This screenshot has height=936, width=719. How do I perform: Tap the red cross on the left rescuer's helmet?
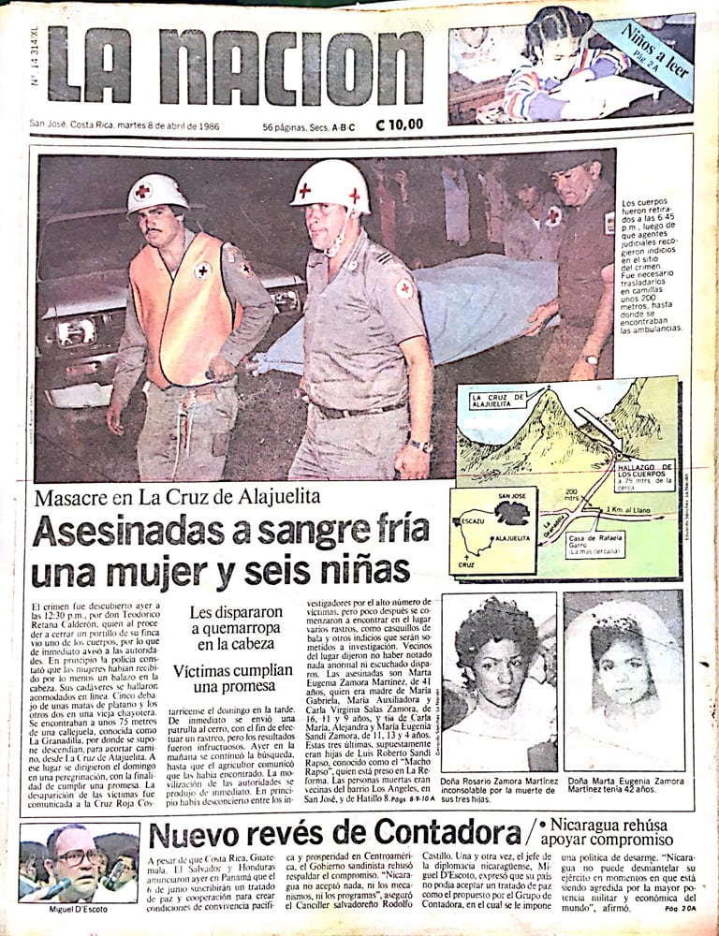pos(142,190)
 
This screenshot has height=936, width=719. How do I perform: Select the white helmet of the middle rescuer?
pos(330,185)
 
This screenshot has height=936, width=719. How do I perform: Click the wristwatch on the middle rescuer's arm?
pos(419,446)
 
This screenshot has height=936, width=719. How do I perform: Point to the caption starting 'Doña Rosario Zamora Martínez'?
pos(499,786)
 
